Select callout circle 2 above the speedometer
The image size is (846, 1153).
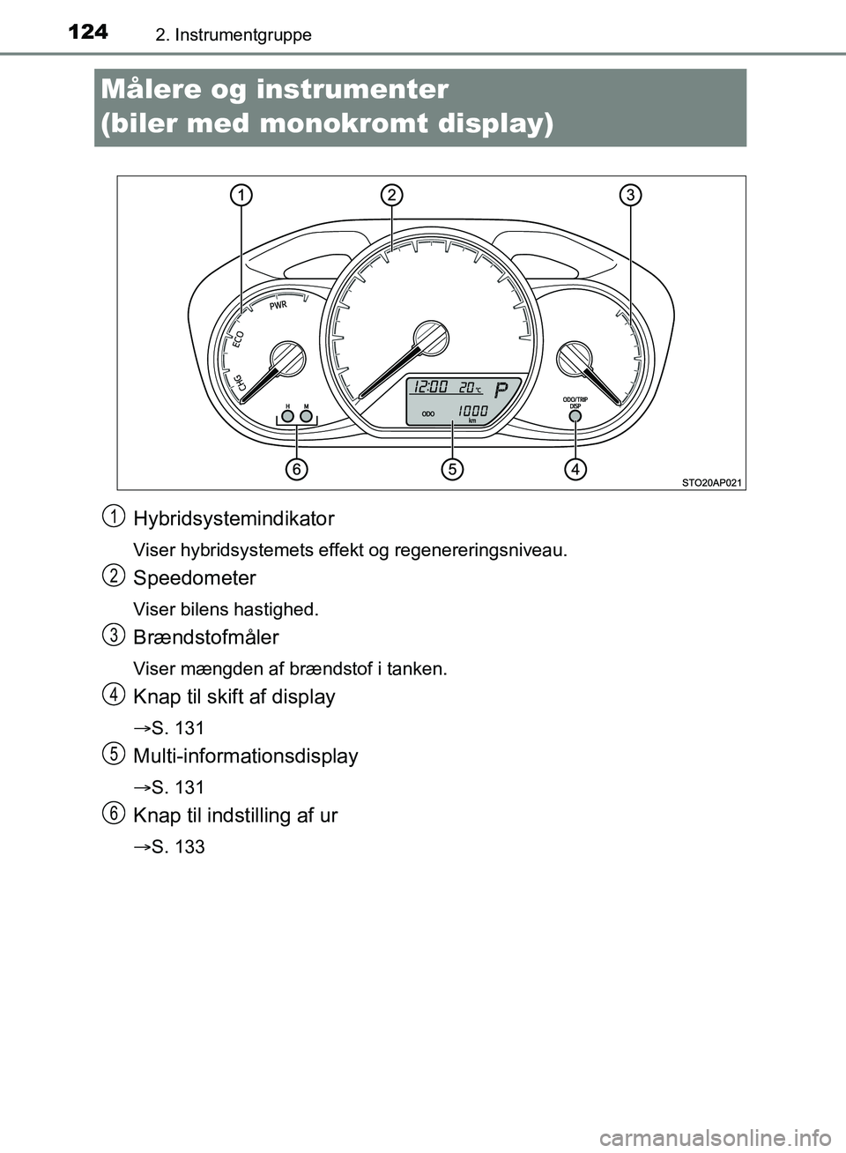(392, 195)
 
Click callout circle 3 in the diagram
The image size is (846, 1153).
(630, 195)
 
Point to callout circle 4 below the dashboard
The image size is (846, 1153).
(575, 469)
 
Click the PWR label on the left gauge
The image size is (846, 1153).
(278, 306)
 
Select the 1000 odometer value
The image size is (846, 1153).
(473, 411)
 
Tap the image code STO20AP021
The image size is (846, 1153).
(712, 482)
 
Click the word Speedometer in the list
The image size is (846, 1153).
(195, 578)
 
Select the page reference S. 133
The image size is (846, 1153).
(177, 847)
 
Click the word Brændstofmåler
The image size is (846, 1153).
(206, 637)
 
